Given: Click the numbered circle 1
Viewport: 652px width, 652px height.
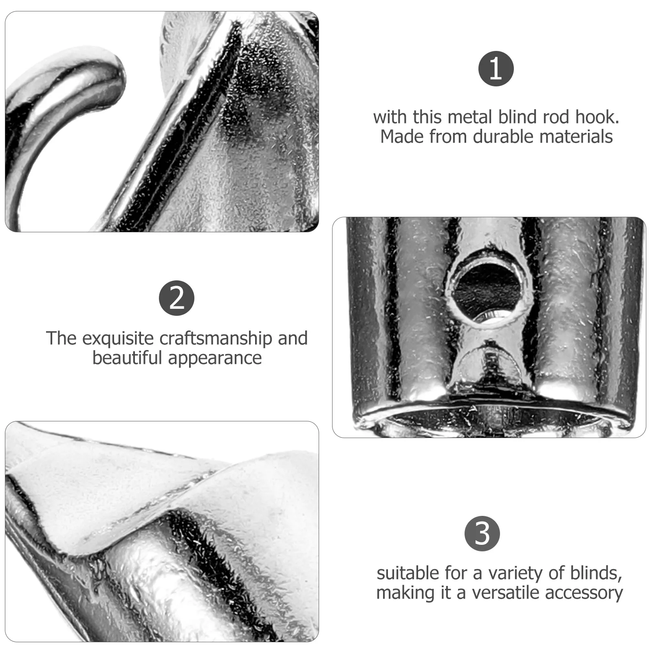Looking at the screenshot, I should pos(496,68).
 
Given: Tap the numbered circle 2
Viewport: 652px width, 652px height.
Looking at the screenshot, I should pos(176,298).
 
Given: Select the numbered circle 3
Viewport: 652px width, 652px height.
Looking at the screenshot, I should pos(482,534).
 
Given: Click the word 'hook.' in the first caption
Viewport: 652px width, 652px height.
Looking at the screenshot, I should pos(597,117).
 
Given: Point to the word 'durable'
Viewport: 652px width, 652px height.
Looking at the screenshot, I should pos(504,137).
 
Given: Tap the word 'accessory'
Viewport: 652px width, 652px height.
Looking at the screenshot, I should pos(590,593).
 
